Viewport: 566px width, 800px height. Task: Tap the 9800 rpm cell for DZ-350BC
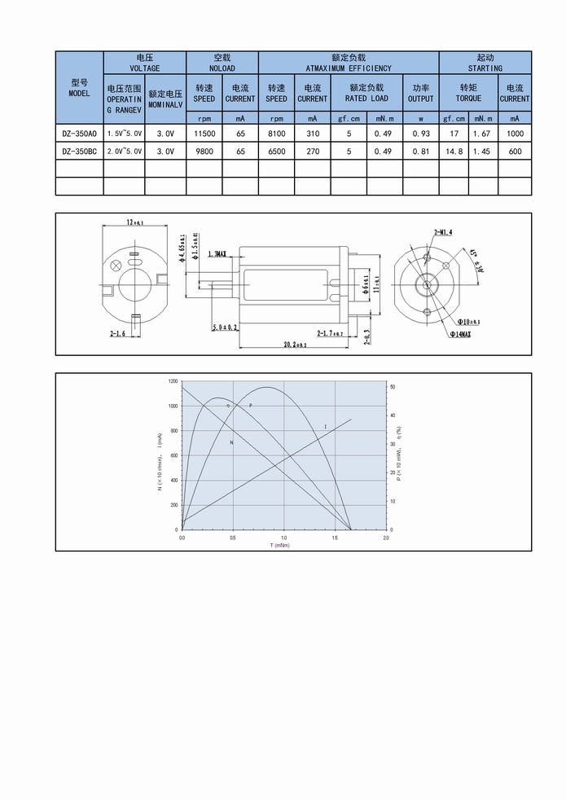click(204, 152)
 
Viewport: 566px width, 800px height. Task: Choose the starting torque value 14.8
click(454, 152)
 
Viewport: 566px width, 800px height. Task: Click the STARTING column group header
click(485, 63)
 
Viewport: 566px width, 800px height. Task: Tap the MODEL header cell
click(79, 88)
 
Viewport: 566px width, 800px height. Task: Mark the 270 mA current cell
click(312, 152)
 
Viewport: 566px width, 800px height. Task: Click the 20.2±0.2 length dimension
click(294, 345)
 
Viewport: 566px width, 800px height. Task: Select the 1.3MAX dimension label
click(217, 254)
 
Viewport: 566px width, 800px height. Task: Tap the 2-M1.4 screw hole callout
click(443, 232)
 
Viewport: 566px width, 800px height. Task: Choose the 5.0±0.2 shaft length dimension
click(225, 327)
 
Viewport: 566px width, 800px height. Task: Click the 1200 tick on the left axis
click(173, 381)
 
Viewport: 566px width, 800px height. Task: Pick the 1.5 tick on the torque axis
click(335, 538)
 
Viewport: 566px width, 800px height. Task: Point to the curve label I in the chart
click(325, 427)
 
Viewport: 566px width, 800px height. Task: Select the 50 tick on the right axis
click(393, 387)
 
